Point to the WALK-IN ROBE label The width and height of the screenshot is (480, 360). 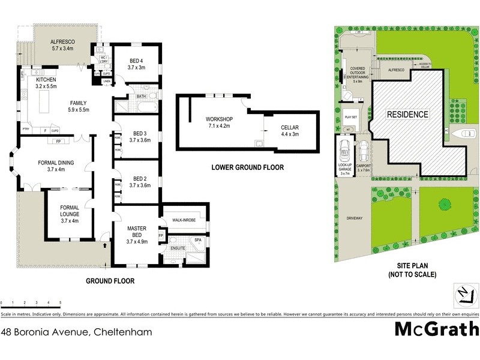(x=183, y=221)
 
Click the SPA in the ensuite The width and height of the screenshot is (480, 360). (x=198, y=240)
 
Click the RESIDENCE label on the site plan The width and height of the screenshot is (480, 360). (x=407, y=114)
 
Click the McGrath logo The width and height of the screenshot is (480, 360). (x=436, y=329)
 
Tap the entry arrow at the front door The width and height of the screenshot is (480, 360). (x=106, y=244)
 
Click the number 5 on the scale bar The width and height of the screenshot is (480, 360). (x=60, y=302)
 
